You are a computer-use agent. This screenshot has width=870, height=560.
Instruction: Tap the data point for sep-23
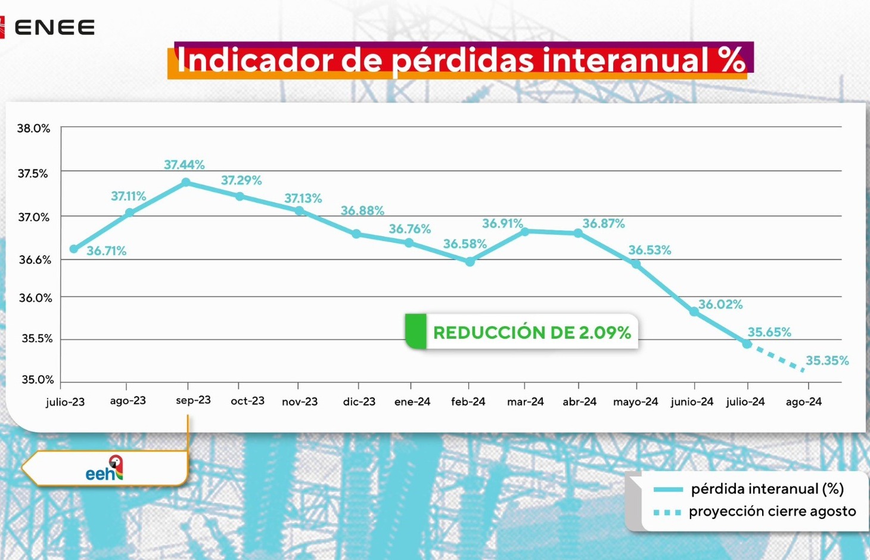186,182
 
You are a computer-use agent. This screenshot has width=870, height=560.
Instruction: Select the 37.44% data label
184,165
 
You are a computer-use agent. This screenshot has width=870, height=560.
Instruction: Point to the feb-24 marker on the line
470,261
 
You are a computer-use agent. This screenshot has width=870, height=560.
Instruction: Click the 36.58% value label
465,244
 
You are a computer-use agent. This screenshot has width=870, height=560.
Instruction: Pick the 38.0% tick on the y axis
33,128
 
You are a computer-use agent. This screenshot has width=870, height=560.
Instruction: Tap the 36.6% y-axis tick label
35,259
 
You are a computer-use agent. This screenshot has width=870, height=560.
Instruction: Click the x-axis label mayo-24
635,401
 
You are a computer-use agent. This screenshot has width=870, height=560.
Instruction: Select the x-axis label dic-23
359,401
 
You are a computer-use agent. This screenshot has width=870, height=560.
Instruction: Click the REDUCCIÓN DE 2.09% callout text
532,332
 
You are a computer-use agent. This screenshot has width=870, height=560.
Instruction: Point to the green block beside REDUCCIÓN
416,331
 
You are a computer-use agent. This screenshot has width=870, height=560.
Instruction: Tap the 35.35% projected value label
827,360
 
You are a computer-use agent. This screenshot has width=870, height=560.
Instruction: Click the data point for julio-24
747,344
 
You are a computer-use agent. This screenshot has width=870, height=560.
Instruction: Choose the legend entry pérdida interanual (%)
767,489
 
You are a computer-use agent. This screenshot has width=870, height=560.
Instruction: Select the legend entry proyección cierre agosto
772,512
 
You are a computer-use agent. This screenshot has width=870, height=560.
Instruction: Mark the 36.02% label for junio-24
720,304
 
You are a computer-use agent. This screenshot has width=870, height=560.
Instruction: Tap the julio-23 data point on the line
74,249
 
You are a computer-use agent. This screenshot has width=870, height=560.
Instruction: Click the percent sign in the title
731,60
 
